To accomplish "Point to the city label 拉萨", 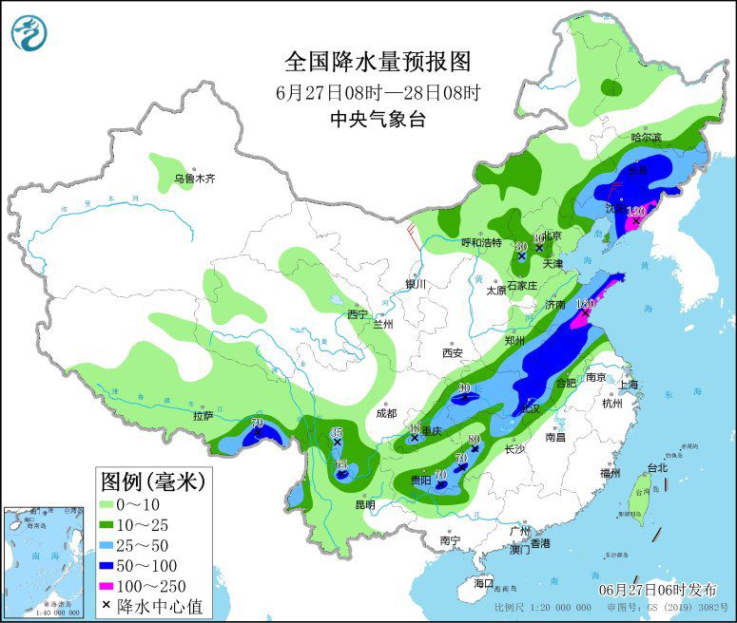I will (x=203, y=415).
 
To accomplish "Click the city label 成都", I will (x=386, y=413).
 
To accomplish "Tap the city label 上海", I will (x=628, y=385).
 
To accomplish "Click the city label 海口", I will (x=484, y=582).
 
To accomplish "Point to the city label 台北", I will (x=657, y=467).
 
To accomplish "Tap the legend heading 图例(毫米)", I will (x=153, y=481).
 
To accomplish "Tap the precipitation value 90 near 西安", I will (x=465, y=387).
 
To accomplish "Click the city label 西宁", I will (x=357, y=314).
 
